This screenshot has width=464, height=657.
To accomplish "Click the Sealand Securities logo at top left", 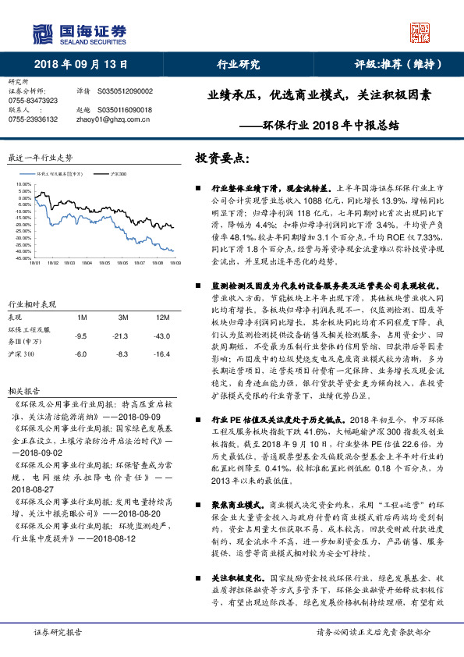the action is click(x=78, y=34).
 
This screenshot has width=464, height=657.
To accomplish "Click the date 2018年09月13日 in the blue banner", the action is click(x=81, y=65).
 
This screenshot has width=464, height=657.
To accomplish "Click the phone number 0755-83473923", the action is click(x=33, y=101).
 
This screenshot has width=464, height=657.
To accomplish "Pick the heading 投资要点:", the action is click(x=222, y=158).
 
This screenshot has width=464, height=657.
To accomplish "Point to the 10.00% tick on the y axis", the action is click(x=24, y=185).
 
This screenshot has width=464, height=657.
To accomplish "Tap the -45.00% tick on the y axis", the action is click(x=23, y=257).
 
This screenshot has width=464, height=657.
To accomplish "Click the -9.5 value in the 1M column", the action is click(x=80, y=336).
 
